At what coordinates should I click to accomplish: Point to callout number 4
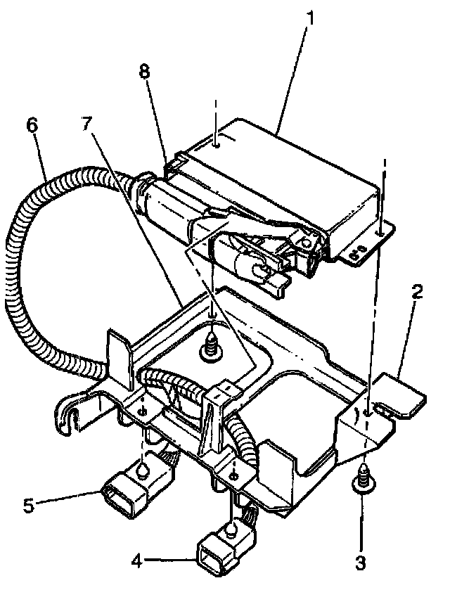click(138, 560)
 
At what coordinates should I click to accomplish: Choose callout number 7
click(86, 124)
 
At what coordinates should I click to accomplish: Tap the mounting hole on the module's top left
click(217, 144)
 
